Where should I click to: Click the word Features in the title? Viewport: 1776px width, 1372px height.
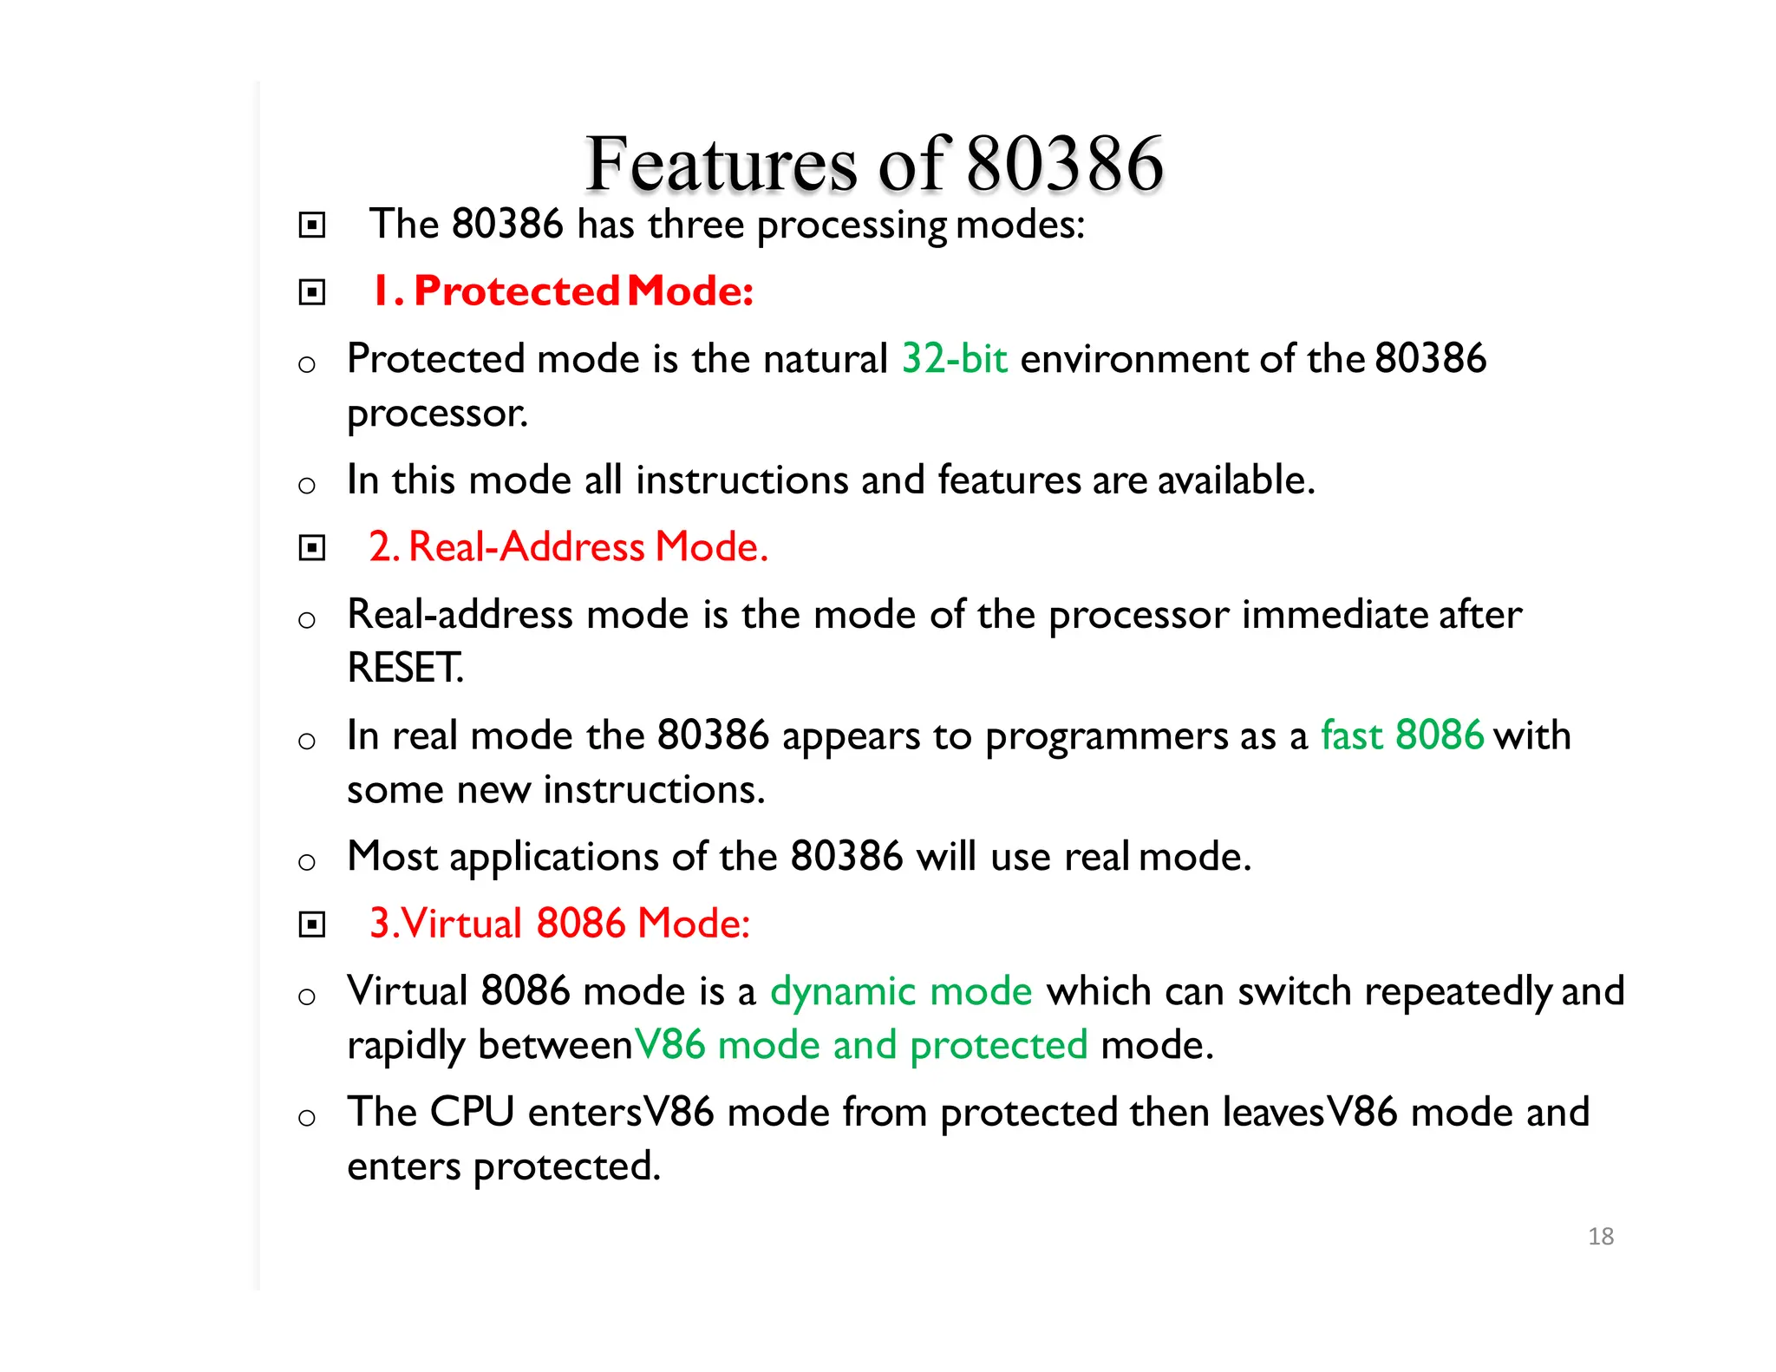(x=721, y=164)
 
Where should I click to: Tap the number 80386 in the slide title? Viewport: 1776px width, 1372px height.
(x=1064, y=164)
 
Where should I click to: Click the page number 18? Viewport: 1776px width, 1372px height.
(x=1600, y=1236)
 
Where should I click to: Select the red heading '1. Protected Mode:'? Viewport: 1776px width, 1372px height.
(x=563, y=291)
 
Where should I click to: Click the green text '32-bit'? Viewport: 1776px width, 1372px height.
(x=955, y=358)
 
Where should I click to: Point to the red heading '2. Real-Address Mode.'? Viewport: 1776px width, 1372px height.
(x=569, y=546)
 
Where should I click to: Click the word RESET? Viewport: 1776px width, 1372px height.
(x=405, y=668)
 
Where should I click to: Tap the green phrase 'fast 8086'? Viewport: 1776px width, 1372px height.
(x=1402, y=735)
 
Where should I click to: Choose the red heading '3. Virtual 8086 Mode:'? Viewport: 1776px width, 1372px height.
(x=559, y=923)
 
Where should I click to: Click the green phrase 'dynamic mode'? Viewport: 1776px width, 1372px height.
(x=901, y=991)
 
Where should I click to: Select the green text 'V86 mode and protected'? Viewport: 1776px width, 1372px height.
(x=861, y=1045)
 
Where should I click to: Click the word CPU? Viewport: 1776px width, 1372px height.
(x=472, y=1112)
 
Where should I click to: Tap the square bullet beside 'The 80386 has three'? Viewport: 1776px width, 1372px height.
(x=312, y=225)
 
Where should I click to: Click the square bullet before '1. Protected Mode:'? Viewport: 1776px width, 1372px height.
(x=312, y=292)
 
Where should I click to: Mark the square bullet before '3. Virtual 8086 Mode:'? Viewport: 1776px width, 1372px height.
(x=312, y=924)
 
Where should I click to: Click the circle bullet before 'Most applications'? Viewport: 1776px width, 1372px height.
(x=306, y=862)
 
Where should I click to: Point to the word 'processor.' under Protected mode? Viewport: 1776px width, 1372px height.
(x=437, y=414)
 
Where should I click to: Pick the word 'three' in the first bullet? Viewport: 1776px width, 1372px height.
(x=695, y=225)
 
